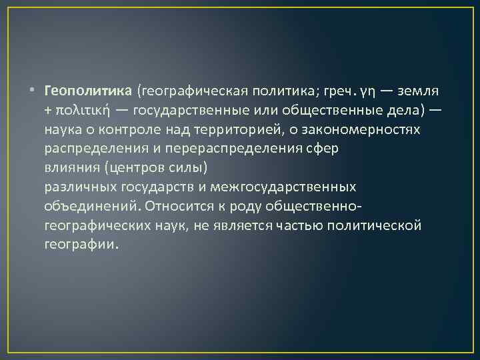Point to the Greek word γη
[x=369, y=91]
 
